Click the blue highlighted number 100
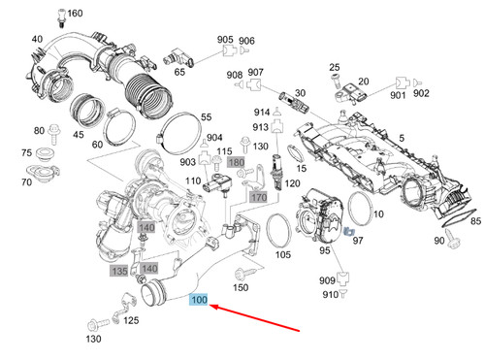pos(199,301)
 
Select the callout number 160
pos(74,13)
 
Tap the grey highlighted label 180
pos(235,162)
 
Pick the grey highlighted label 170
pos(258,198)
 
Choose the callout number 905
pos(225,40)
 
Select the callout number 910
pos(330,294)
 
